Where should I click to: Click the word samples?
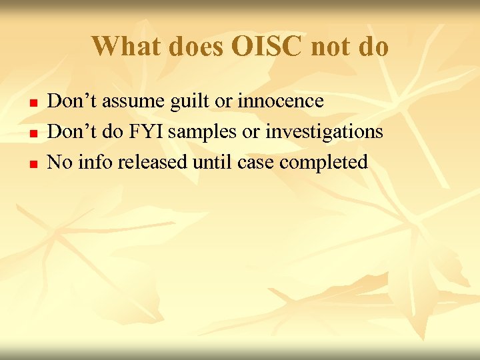tap(204, 132)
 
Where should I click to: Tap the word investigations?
tap(324, 132)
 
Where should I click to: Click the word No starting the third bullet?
tap(60, 161)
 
